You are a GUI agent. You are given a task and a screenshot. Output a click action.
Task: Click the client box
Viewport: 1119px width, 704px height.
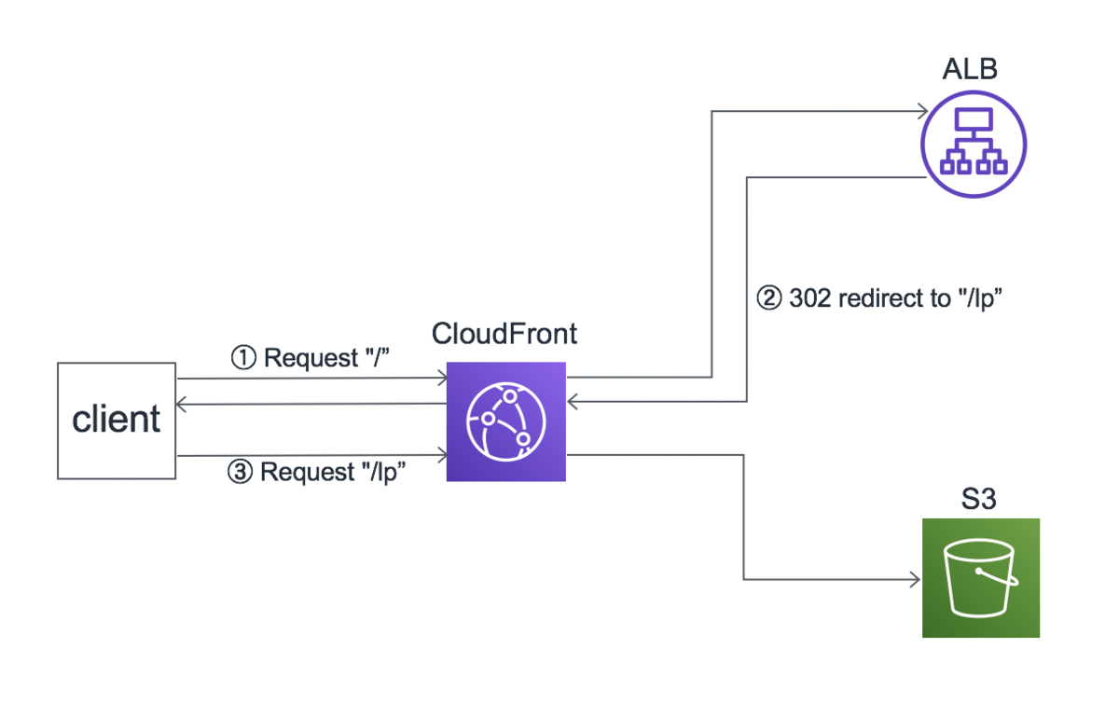coord(117,421)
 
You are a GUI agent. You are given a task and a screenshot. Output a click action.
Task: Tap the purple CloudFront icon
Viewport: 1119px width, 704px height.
coord(505,421)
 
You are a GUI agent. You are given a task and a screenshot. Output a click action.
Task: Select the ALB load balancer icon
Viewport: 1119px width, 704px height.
coord(973,144)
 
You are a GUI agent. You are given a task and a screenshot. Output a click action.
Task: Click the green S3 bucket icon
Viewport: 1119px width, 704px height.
coord(980,578)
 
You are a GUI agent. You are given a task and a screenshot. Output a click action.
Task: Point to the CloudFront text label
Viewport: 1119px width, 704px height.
coord(504,334)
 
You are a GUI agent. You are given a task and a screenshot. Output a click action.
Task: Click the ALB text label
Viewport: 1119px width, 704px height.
coord(971,71)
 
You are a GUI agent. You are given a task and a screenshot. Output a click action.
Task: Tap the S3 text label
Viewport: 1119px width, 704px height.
coord(979,499)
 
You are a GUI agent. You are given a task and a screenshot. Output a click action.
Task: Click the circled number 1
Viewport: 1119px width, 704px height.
coord(243,358)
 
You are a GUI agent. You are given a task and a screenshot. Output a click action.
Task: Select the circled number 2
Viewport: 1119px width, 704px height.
coord(767,299)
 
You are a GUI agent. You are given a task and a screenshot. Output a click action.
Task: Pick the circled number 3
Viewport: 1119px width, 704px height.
coord(241,472)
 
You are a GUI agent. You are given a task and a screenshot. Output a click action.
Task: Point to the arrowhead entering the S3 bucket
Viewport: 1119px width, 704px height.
coord(916,580)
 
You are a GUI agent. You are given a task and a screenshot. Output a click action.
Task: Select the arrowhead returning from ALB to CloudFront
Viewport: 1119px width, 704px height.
coord(573,402)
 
